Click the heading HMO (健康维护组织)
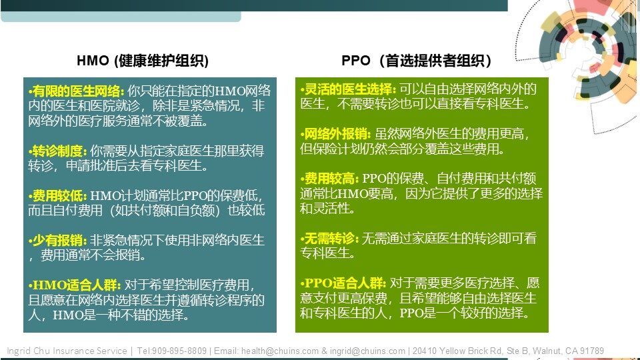point(143,61)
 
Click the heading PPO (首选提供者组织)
point(416,61)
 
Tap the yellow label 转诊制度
point(57,151)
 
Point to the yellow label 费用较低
point(57,196)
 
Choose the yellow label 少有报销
point(57,241)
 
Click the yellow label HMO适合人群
point(74,285)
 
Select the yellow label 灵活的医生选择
point(348,89)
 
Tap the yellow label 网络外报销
point(335,134)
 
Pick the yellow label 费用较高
point(329,179)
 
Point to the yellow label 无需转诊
point(329,239)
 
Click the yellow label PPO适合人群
point(343,283)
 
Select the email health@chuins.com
point(280,351)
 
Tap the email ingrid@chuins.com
point(367,351)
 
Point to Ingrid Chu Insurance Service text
point(67,351)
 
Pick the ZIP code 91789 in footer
point(592,351)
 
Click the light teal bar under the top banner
point(121,16)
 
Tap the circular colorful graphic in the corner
point(588,53)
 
